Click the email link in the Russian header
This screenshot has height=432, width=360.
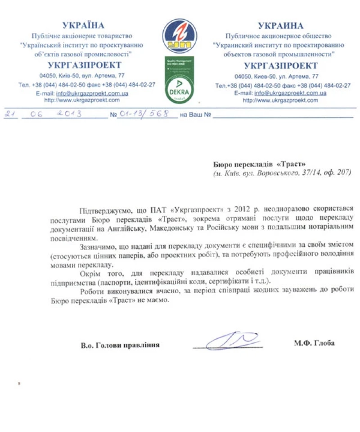click(290, 93)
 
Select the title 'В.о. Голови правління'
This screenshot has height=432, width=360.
click(120, 345)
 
